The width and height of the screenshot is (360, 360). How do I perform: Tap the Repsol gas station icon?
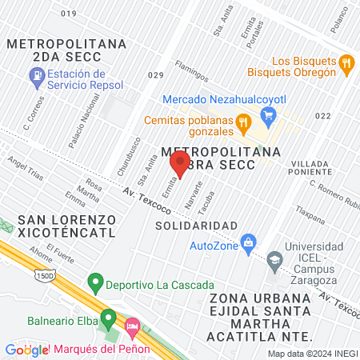pyautogui.click(x=36, y=77)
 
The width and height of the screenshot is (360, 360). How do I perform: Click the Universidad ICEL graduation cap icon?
pyautogui.click(x=275, y=258)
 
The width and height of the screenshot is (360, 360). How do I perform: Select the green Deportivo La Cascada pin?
pyautogui.click(x=95, y=282)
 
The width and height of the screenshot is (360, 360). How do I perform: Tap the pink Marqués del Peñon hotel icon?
pyautogui.click(x=133, y=327)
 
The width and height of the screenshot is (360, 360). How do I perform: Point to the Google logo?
pyautogui.click(x=26, y=350)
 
